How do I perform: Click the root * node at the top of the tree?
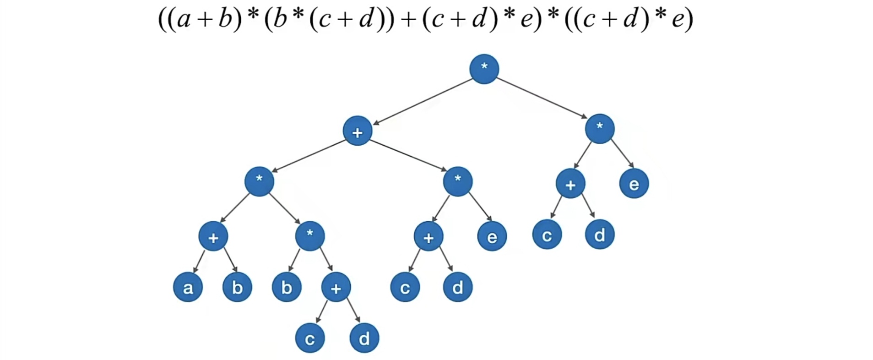(x=484, y=69)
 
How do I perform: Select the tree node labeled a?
(x=188, y=288)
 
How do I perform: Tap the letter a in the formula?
(x=184, y=19)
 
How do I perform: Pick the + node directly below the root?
(x=357, y=131)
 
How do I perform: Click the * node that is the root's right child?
(x=599, y=128)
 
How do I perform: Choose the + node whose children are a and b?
(x=213, y=237)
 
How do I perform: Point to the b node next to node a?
(x=237, y=288)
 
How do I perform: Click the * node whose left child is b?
(x=310, y=236)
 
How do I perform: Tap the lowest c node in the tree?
(x=310, y=338)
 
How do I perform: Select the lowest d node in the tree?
(x=364, y=338)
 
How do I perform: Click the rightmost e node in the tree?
(x=634, y=184)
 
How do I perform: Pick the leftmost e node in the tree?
(x=492, y=237)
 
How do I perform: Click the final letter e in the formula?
(x=678, y=19)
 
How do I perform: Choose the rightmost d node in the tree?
(x=599, y=235)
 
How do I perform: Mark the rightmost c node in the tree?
(x=547, y=235)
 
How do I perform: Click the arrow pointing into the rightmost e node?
(x=622, y=153)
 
